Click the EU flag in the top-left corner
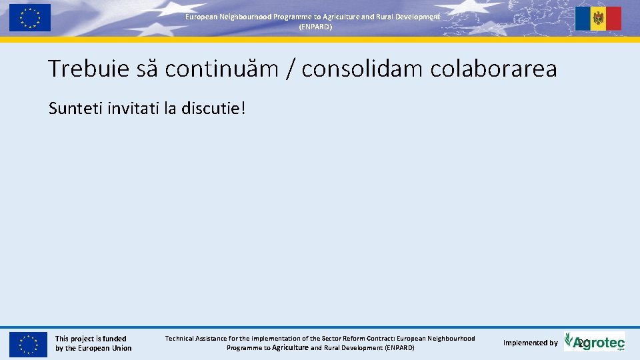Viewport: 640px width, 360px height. coord(29,17)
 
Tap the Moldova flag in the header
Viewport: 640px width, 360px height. coord(598,19)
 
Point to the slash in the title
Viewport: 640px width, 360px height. coord(289,69)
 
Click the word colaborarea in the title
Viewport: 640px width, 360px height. coord(493,69)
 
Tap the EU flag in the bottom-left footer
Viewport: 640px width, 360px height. coord(29,344)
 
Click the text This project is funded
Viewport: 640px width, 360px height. coord(91,339)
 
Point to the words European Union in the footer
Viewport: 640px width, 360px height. coord(105,348)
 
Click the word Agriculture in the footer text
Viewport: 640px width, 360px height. coord(290,347)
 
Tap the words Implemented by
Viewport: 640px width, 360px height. coord(530,343)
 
